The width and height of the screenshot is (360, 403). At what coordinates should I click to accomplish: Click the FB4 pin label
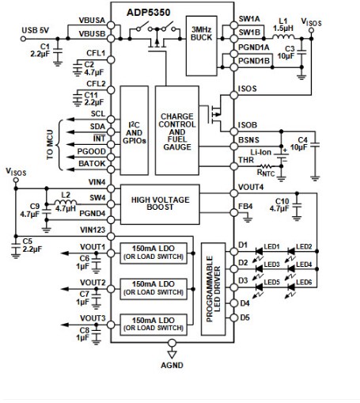[245, 207]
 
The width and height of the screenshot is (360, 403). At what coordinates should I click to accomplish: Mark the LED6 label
[304, 283]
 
